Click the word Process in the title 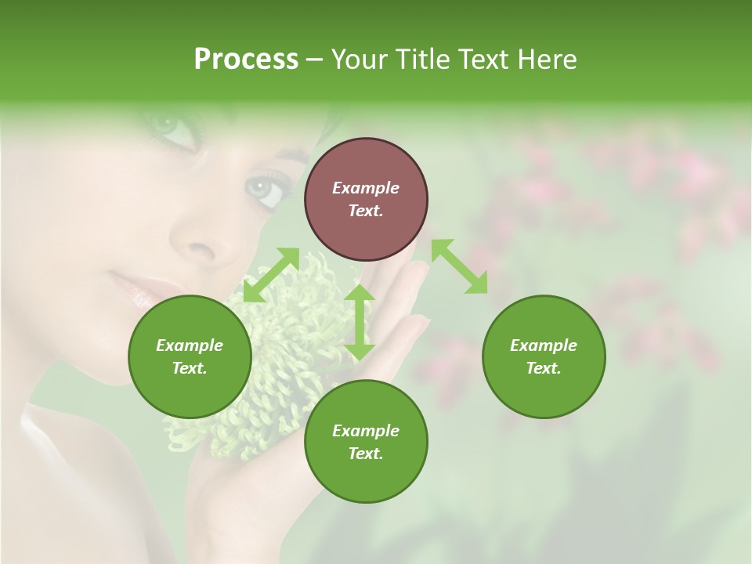pos(246,60)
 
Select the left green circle pos(190,356)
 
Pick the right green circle pos(544,356)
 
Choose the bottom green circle pos(366,442)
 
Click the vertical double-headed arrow pos(360,322)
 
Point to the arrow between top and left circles pos(272,274)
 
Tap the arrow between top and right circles pos(459,266)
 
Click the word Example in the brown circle pos(366,188)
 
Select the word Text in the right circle pos(542,368)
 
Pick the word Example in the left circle pos(190,345)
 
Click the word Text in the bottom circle pos(364,454)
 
